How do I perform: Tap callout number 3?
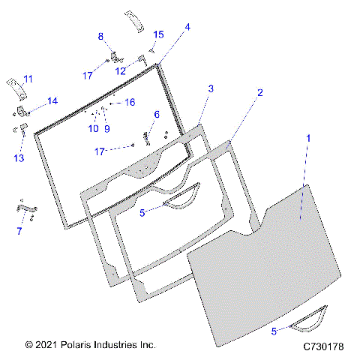(x=211, y=88)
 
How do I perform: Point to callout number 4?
(x=187, y=27)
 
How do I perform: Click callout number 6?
(x=157, y=114)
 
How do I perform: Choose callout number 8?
(x=101, y=36)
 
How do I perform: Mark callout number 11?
(x=28, y=79)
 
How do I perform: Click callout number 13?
(x=19, y=157)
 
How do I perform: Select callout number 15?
(x=158, y=34)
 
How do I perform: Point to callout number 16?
(x=129, y=101)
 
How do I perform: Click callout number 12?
(x=120, y=70)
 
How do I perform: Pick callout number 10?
(x=93, y=128)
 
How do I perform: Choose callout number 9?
(x=106, y=128)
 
